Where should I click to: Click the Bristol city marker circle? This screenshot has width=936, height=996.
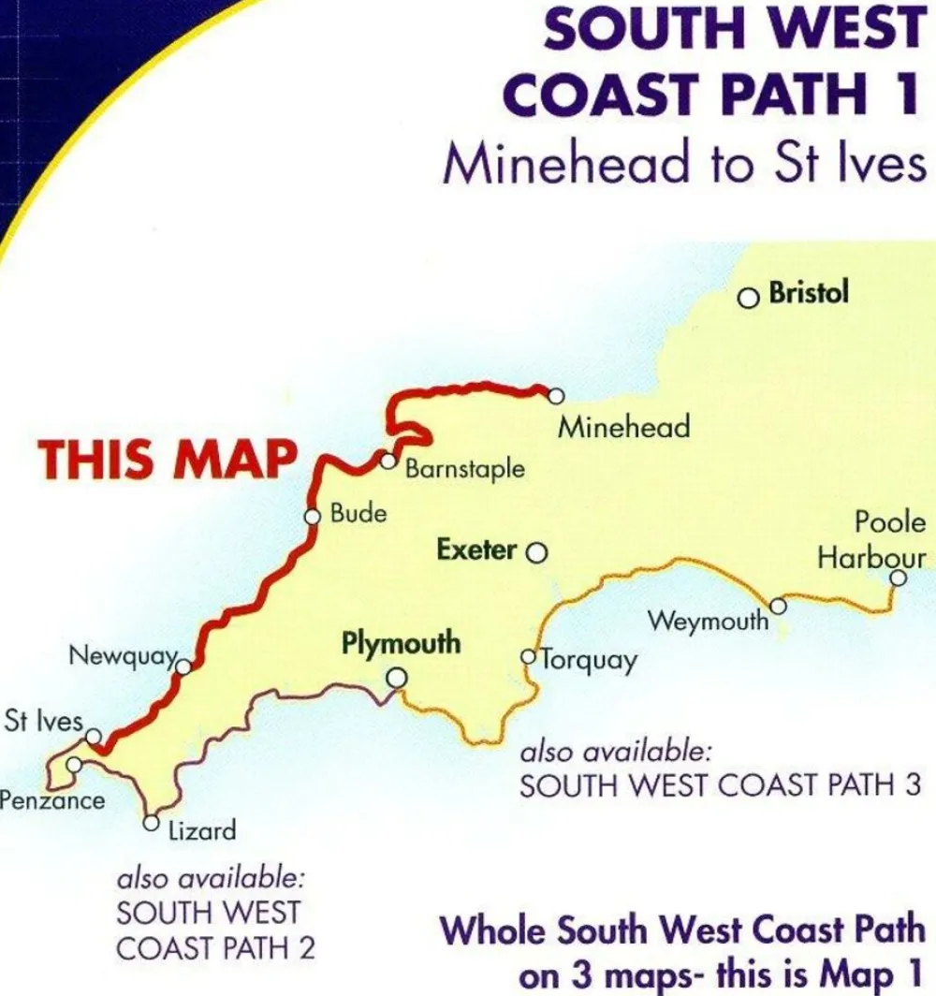click(748, 299)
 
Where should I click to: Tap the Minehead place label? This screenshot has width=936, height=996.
click(623, 428)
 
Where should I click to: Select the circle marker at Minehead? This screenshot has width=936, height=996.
click(556, 396)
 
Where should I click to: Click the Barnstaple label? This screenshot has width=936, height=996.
click(464, 468)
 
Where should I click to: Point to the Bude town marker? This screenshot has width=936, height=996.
click(314, 516)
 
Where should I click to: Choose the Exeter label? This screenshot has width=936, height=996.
click(476, 550)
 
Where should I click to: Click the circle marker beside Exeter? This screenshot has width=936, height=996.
click(536, 552)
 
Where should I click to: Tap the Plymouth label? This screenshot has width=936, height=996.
click(401, 644)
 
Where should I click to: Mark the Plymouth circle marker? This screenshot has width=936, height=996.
click(398, 677)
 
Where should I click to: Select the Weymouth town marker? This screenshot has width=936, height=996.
click(777, 608)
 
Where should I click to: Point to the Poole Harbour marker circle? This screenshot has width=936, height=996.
click(898, 579)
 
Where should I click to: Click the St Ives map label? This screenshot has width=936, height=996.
click(43, 722)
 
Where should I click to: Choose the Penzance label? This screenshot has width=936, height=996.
click(51, 800)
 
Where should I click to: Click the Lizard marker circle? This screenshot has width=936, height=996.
click(151, 824)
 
